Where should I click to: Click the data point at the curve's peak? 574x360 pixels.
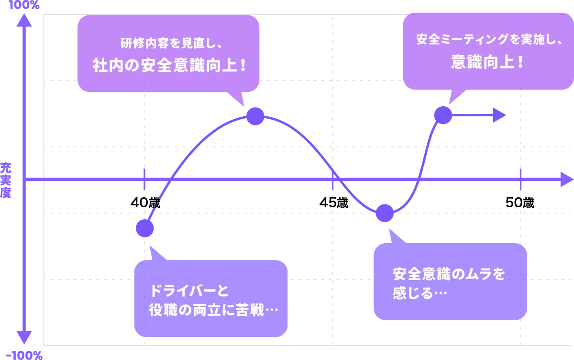coord(255,116)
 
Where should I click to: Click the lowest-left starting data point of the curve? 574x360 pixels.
coord(145,228)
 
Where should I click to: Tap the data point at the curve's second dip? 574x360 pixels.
coord(384,213)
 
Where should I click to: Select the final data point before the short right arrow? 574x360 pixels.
coord(442,115)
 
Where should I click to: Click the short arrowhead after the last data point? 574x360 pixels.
coord(500,115)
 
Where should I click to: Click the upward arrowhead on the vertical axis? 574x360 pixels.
coord(25,19)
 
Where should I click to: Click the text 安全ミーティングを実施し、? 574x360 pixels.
coord(488,40)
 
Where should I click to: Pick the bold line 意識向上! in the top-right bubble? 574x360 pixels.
coord(488,62)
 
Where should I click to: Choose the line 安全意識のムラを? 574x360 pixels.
coord(449,274)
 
